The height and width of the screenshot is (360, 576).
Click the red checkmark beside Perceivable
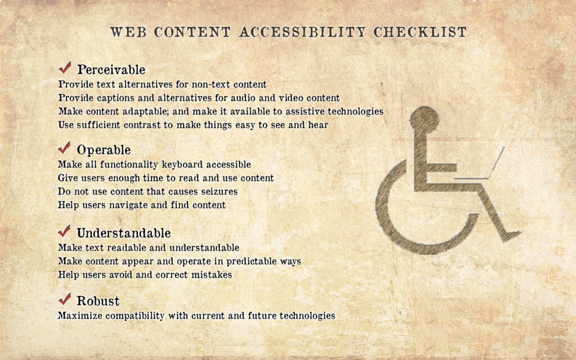(65, 69)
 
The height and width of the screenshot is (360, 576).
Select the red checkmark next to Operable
(65, 149)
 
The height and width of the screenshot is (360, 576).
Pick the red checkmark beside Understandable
(65, 231)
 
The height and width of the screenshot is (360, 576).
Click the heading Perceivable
(111, 70)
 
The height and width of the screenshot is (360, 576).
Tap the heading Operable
(103, 150)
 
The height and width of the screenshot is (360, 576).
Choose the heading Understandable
(123, 233)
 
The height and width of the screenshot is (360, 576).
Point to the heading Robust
(98, 300)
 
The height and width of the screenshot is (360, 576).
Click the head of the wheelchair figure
(424, 119)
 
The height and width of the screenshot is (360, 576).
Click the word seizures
(217, 192)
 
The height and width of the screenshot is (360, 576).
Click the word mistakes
(211, 275)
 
